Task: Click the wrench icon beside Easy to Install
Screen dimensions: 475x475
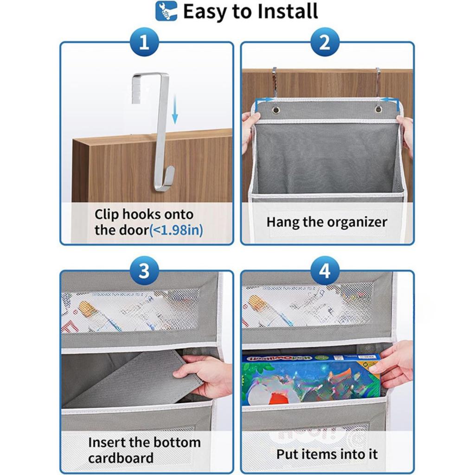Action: (x=166, y=11)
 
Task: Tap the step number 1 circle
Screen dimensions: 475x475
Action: (x=144, y=44)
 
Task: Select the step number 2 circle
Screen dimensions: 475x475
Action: (x=325, y=44)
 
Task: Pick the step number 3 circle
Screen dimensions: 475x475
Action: (x=144, y=271)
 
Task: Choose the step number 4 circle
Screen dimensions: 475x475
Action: (x=325, y=271)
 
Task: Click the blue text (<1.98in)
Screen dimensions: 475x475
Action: (x=176, y=230)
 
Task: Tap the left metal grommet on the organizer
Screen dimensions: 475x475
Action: (x=276, y=109)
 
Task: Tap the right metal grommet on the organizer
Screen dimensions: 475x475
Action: (x=379, y=109)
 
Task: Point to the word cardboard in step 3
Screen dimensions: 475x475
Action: (x=121, y=458)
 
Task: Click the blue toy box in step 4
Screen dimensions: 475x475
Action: (x=308, y=378)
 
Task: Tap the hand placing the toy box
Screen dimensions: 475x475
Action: (x=394, y=364)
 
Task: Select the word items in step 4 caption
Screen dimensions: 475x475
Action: (x=324, y=454)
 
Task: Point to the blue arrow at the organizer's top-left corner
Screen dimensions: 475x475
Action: (x=263, y=100)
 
